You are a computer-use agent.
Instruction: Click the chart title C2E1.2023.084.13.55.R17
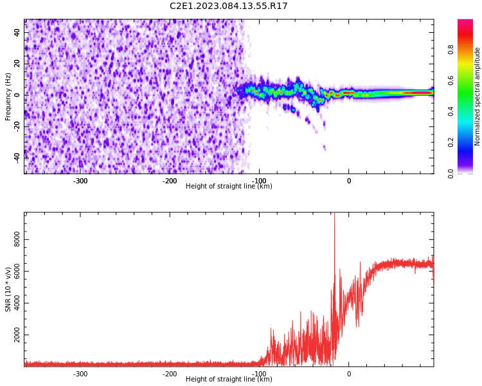[229, 6]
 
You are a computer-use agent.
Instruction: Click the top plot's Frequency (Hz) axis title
[8, 96]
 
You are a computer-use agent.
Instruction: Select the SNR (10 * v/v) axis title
[8, 289]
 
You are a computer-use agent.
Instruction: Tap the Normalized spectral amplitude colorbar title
[478, 96]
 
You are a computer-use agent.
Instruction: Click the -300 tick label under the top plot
[80, 181]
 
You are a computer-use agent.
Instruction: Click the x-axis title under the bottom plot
[229, 380]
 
